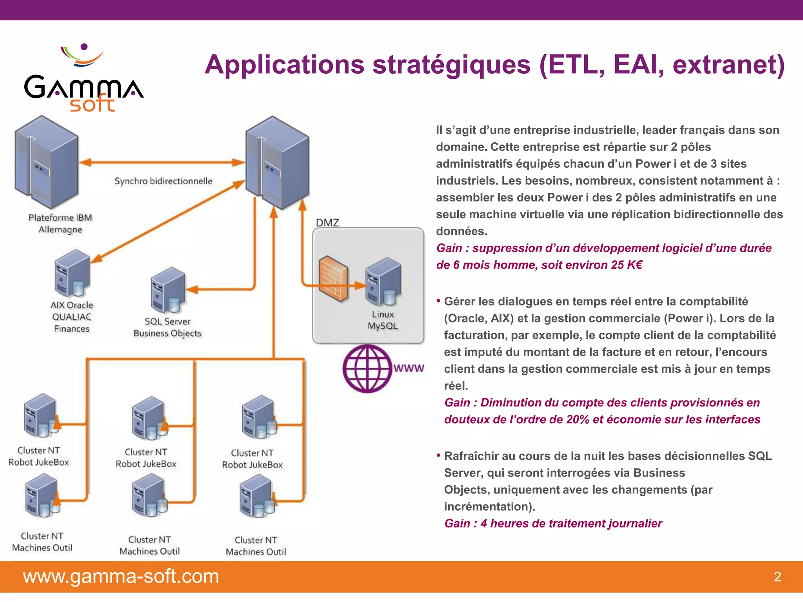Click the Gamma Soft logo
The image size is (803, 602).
tap(84, 78)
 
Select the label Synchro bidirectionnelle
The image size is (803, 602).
tap(163, 181)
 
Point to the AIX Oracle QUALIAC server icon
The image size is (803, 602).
tap(73, 273)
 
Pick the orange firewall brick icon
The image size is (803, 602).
tap(333, 279)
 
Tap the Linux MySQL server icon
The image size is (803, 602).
tap(383, 281)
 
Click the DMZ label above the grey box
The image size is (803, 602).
tap(327, 223)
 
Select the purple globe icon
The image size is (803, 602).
tap(367, 368)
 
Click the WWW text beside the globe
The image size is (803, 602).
tap(409, 368)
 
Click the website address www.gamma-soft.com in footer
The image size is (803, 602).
tap(121, 577)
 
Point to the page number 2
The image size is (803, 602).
tap(777, 577)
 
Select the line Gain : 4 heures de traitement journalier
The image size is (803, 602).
tap(553, 524)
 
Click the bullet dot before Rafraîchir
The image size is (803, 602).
tap(438, 455)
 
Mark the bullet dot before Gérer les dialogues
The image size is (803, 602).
tap(438, 301)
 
